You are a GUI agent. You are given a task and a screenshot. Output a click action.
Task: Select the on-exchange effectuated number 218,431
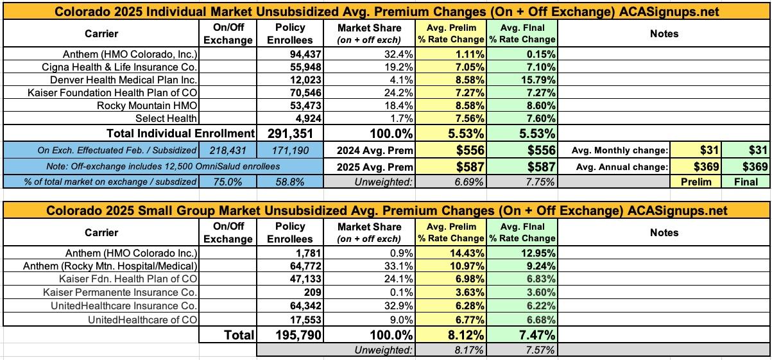pyautogui.click(x=227, y=150)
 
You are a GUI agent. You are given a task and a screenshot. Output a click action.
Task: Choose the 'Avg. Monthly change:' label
pyautogui.click(x=617, y=150)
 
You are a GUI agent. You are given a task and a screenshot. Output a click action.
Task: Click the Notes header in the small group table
pyautogui.click(x=664, y=232)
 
